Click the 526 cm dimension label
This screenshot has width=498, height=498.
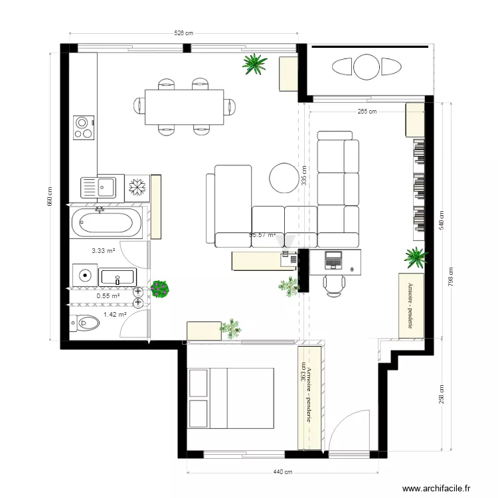(x=184, y=33)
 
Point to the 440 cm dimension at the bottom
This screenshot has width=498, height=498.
(x=284, y=472)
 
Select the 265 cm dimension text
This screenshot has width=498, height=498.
(x=367, y=112)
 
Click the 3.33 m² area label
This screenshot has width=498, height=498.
(x=104, y=250)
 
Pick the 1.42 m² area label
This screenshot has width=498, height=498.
(x=115, y=315)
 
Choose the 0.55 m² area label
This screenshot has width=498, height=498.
(x=108, y=296)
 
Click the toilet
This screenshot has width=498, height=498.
(x=84, y=323)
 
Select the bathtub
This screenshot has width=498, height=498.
(x=106, y=222)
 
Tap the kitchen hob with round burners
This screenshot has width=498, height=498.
(x=84, y=127)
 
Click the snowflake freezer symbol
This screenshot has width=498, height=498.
(x=137, y=187)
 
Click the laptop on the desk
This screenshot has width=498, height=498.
(x=332, y=259)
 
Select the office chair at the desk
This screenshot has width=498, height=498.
(x=334, y=284)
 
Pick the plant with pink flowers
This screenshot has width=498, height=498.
(x=159, y=289)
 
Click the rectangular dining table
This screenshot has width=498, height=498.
(x=185, y=106)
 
